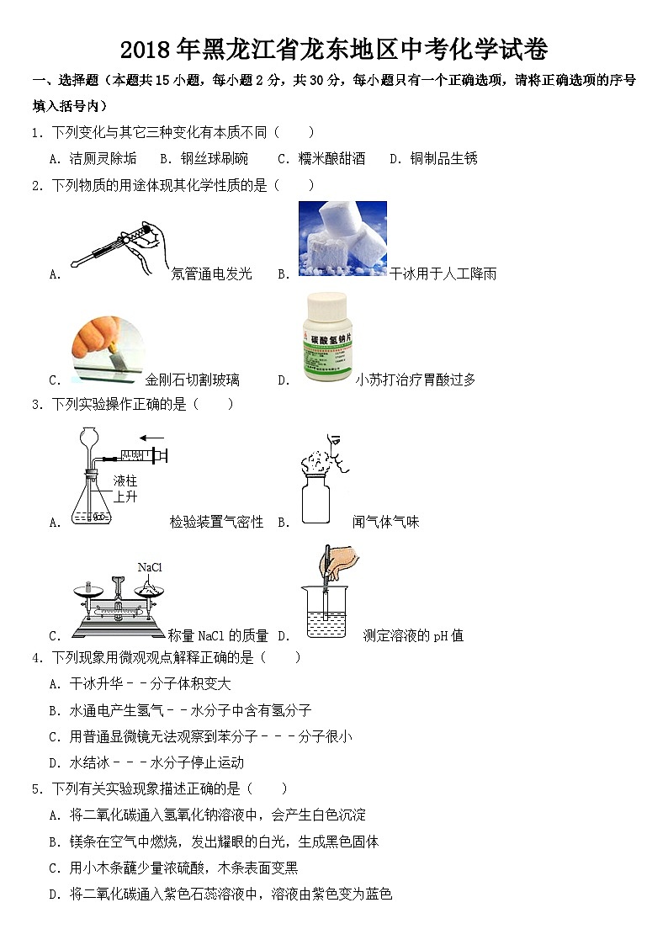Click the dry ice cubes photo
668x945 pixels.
tap(342, 239)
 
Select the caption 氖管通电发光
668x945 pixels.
tap(211, 273)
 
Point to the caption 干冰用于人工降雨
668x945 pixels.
tap(443, 273)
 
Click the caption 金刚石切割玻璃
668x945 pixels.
tap(192, 380)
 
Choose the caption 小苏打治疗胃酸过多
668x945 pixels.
tap(415, 380)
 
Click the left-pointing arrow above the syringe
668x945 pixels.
tap(151, 437)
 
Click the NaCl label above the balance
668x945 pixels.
tap(150, 567)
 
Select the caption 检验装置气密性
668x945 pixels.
tap(216, 523)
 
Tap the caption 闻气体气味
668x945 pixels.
tap(385, 523)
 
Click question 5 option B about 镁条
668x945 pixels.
tap(224, 841)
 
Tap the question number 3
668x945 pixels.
tap(35, 405)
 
